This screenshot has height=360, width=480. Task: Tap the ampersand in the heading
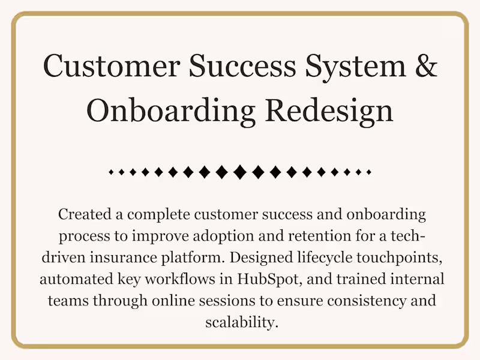[425, 66]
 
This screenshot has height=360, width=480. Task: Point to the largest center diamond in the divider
[240, 172]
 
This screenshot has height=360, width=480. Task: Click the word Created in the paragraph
[82, 214]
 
